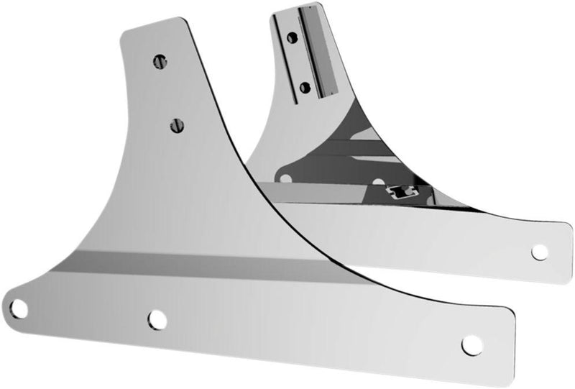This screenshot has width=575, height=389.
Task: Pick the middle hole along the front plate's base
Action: (x=157, y=319)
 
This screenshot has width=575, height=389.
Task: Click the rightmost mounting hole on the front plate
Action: (x=471, y=344)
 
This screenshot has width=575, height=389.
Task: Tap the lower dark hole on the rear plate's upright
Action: (x=305, y=88)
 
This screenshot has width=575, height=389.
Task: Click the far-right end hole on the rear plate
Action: (x=539, y=252)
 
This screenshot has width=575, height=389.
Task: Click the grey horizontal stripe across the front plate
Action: (x=216, y=265)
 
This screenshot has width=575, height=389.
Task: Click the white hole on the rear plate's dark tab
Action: (x=287, y=178)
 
